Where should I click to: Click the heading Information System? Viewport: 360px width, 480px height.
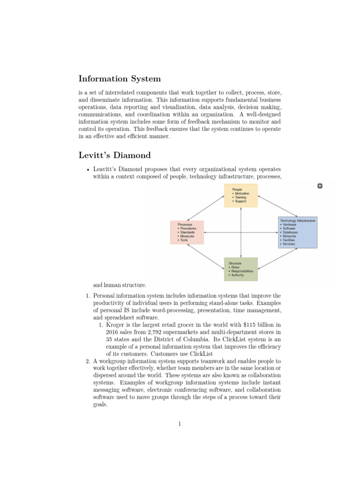(x=120, y=78)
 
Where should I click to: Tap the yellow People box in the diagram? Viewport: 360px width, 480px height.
(x=240, y=195)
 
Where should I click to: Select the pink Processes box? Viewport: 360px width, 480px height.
(x=187, y=232)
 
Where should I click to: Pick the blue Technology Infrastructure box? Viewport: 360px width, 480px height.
(x=298, y=232)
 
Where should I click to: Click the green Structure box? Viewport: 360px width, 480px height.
(x=240, y=269)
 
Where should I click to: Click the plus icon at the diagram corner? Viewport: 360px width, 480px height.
(x=320, y=186)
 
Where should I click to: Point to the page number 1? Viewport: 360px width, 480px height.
(x=180, y=424)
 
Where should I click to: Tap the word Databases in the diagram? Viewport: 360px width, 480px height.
(x=289, y=232)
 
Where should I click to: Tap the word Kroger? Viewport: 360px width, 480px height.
(x=115, y=324)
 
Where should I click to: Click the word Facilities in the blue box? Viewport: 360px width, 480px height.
(x=289, y=240)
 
